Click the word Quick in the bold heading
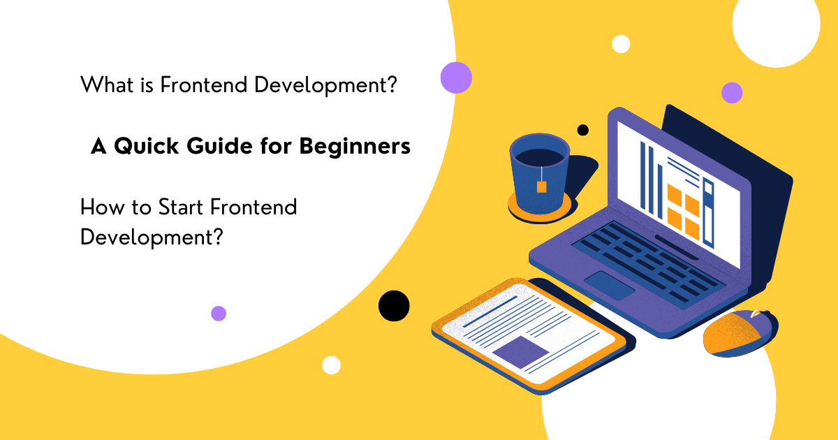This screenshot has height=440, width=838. pyautogui.click(x=149, y=147)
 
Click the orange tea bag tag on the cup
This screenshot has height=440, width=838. pyautogui.click(x=541, y=186)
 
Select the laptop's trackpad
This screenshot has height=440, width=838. pyautogui.click(x=609, y=286)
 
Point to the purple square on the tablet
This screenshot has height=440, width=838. pyautogui.click(x=520, y=351)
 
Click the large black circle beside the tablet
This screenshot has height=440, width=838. pyautogui.click(x=394, y=305)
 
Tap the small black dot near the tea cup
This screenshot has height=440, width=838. pyautogui.click(x=582, y=130)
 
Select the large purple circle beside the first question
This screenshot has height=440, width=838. pyautogui.click(x=456, y=78)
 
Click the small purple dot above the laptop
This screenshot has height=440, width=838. pyautogui.click(x=732, y=92)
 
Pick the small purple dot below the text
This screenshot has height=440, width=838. pyautogui.click(x=219, y=313)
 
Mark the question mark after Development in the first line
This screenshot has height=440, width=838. pyautogui.click(x=391, y=85)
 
